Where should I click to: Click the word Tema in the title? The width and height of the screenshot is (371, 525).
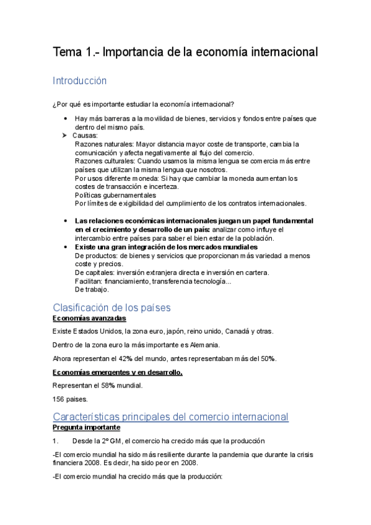coord(65,53)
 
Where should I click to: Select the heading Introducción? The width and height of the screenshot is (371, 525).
coord(80,81)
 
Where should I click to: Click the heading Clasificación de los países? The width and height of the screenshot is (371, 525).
coord(111,308)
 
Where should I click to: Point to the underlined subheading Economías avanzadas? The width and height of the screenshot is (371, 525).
coord(89,318)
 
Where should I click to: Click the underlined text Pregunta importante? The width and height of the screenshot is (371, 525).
coord(86,428)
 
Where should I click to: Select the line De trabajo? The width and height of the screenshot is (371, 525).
coord(91,289)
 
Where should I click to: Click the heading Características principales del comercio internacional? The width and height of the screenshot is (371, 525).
coord(170,417)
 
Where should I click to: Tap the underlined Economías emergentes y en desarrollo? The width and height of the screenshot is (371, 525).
coord(117,372)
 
